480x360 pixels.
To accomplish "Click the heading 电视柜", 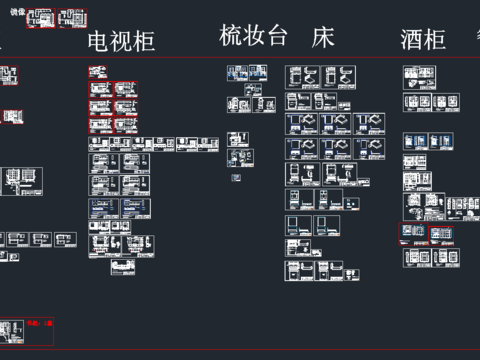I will (x=121, y=41).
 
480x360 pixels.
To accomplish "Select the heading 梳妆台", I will (x=254, y=36).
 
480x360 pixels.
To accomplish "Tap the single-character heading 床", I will (x=322, y=38).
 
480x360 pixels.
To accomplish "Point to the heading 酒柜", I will (x=422, y=40).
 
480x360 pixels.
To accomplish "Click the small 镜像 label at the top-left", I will (x=17, y=12).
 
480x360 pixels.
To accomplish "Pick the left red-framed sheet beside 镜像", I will (x=40, y=19).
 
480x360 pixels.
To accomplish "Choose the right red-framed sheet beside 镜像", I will (x=72, y=19).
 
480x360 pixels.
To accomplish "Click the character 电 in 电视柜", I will (x=99, y=41).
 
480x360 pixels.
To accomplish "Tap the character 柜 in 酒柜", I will (x=434, y=40).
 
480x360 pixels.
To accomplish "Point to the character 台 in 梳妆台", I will (x=277, y=36).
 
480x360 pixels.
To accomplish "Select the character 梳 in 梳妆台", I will (x=231, y=36).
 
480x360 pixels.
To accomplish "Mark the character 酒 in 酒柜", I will (x=411, y=40).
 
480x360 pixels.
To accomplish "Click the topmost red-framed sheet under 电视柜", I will (x=97, y=72).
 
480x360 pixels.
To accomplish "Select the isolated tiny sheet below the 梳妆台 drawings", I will (x=236, y=178).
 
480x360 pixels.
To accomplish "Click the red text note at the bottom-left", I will (x=39, y=324).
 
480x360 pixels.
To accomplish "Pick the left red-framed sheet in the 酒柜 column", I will (x=411, y=232).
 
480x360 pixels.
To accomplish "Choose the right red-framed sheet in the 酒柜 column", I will (x=440, y=233).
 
